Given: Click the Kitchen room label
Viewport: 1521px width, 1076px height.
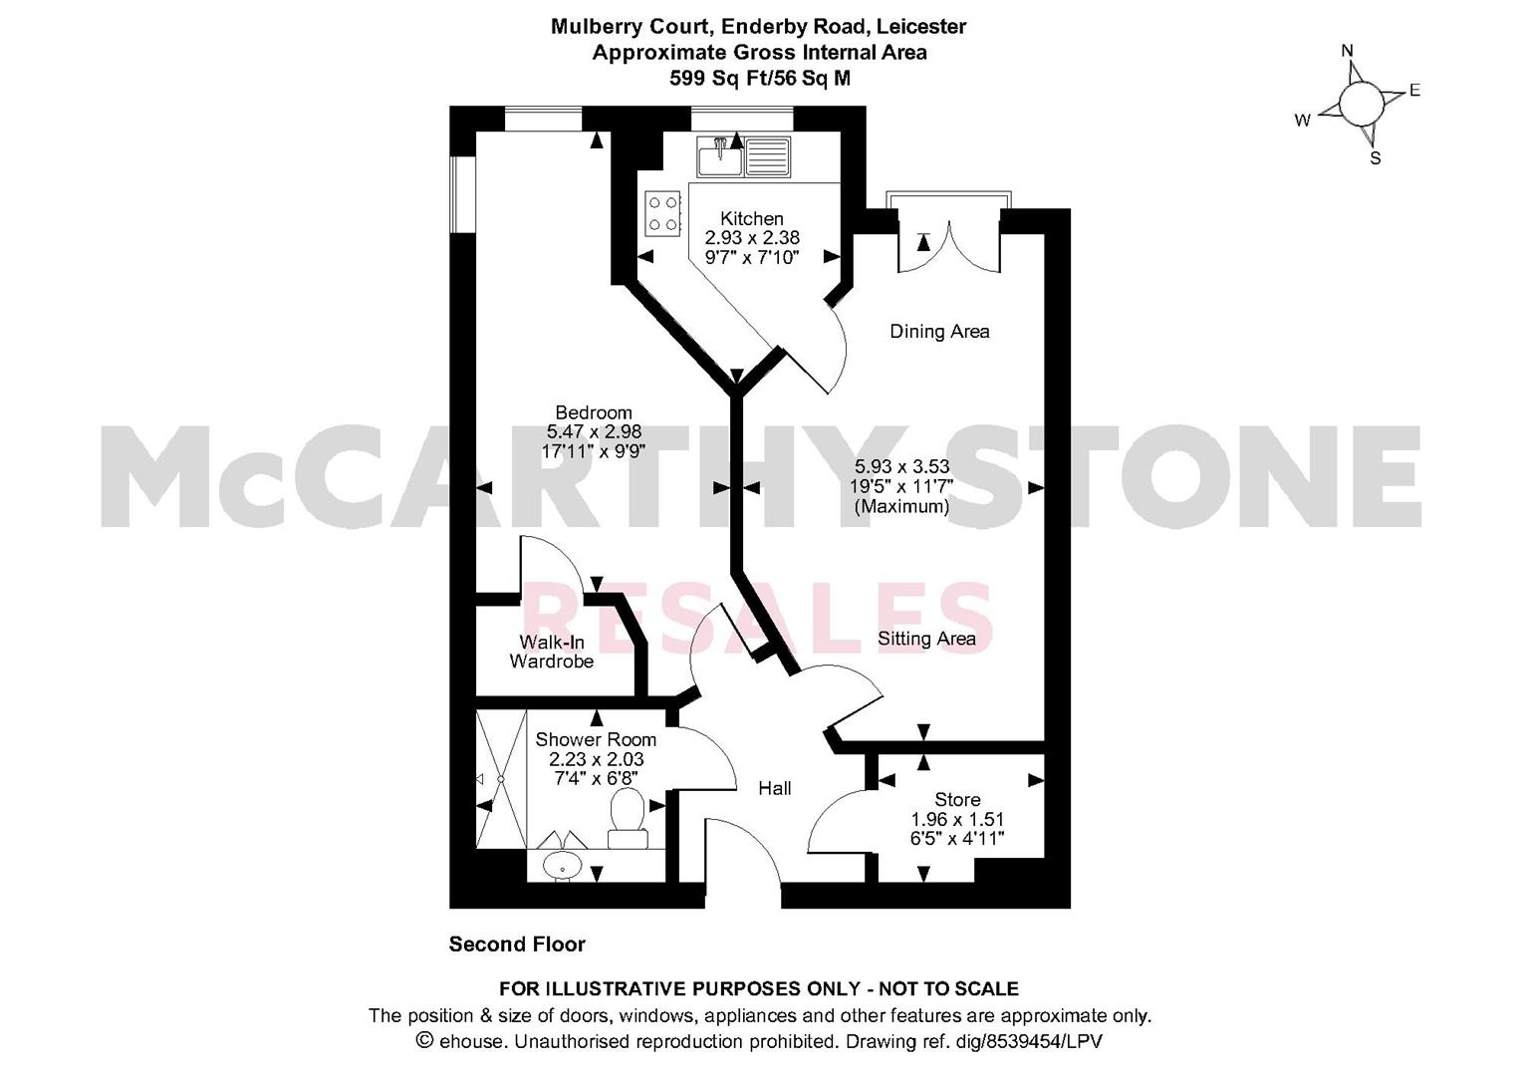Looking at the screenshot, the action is pos(752,219).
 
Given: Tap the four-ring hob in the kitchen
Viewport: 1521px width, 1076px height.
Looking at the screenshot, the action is pos(662,213).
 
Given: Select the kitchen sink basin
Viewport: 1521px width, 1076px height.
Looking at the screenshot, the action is pos(720,157).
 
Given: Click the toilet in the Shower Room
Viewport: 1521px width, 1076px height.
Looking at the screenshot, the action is pos(628,819).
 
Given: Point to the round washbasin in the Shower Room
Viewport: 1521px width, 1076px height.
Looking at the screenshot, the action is pos(562,866).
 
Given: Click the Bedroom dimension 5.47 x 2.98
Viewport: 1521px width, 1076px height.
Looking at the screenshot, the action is pos(594,431).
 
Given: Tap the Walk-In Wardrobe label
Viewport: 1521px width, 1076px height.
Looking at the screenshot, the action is pos(552,652).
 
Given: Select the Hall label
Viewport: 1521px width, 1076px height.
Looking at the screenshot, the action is pos(775,788).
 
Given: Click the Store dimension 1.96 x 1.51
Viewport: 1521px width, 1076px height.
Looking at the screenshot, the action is pos(957,819).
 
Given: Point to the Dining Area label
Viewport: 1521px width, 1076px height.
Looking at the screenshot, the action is pos(939,332).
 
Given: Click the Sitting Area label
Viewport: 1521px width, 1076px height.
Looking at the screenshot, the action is pos(927,639).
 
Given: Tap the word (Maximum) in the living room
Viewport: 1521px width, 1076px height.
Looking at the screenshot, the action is pos(901,506).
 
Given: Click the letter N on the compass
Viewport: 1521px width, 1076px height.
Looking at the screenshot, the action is pos(1348,51).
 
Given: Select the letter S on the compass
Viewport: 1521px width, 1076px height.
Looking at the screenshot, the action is pos(1375,158).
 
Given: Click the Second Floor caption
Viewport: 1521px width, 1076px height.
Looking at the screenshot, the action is pos(517,944).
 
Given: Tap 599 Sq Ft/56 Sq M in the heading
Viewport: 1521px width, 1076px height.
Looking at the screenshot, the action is pos(760,79).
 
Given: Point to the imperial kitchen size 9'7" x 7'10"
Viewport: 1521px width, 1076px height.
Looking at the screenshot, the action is pos(752,257).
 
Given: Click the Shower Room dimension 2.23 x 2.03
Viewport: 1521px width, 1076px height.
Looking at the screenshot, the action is pos(597,759).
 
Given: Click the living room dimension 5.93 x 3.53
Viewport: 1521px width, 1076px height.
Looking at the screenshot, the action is pos(901,466).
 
